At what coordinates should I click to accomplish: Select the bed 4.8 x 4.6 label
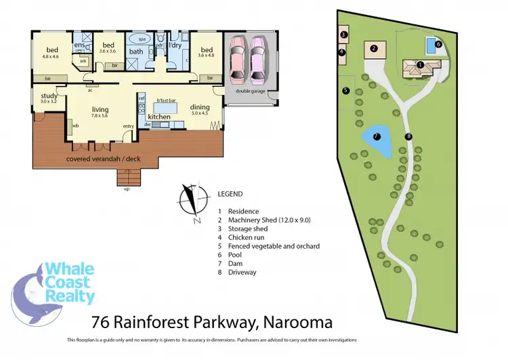point(52,52)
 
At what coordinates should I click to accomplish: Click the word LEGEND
point(230,193)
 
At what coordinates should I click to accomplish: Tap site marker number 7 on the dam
point(377,136)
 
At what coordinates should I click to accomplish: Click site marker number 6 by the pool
point(438,44)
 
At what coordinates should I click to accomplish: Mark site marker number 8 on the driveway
point(408,136)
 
